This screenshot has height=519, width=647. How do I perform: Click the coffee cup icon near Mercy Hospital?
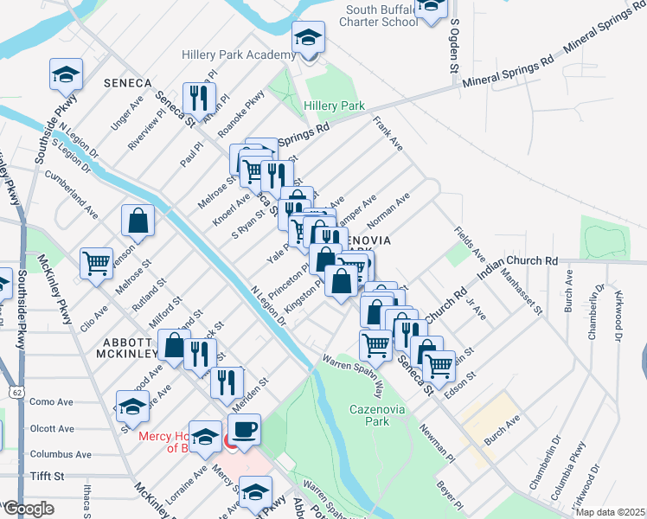[244, 430]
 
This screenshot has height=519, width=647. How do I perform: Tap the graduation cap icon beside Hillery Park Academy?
[308, 38]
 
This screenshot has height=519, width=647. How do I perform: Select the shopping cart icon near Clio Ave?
[97, 262]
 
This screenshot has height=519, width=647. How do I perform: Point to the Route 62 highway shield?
[17, 392]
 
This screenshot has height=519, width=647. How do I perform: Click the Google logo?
[28, 509]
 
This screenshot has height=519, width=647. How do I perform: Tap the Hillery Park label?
[334, 106]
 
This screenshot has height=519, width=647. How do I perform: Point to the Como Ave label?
[52, 402]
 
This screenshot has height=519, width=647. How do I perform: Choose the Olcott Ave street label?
[52, 428]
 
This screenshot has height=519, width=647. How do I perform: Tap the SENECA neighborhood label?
[127, 83]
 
